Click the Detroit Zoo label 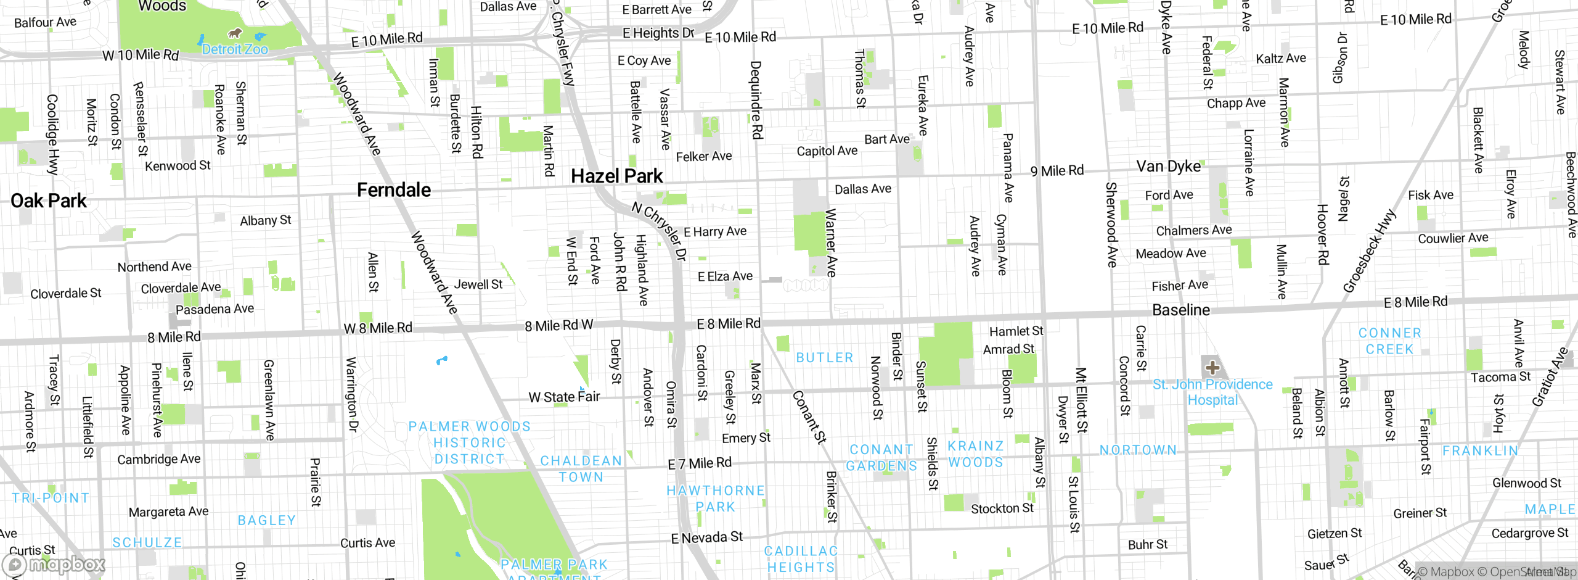(235, 49)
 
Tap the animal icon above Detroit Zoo (234, 33)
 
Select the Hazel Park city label (616, 176)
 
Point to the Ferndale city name (393, 190)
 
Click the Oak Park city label (49, 201)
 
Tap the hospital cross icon (1212, 368)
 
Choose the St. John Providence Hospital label (1212, 392)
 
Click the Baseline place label (1180, 310)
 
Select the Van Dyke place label (1168, 167)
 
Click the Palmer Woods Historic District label (469, 443)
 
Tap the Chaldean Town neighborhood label (581, 469)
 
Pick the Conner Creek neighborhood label (1389, 341)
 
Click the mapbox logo (54, 565)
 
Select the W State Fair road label (564, 397)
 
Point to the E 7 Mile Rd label (700, 463)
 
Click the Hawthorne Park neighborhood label (715, 499)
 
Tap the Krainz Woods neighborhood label (975, 454)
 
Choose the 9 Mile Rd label (1057, 171)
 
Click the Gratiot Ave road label (1550, 377)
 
